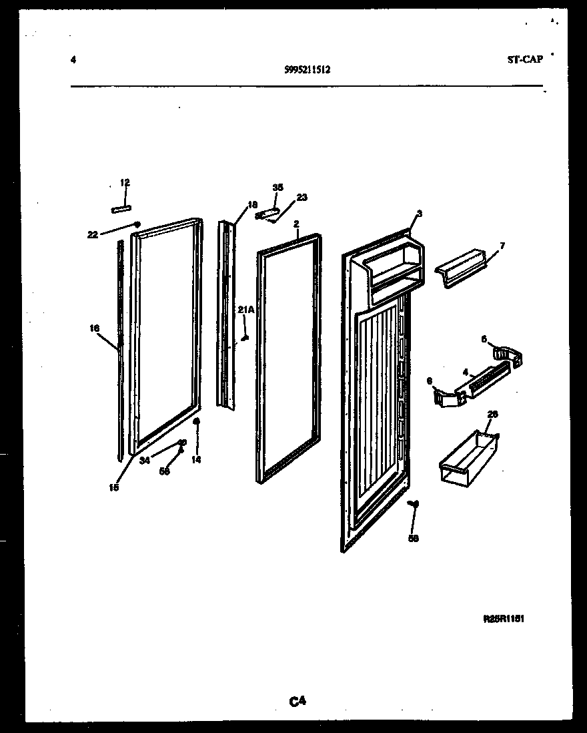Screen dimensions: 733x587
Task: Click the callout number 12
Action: tap(125, 182)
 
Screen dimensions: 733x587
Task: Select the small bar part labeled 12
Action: tap(121, 209)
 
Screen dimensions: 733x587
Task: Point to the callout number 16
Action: tap(94, 328)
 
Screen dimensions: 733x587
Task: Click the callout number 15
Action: tap(114, 487)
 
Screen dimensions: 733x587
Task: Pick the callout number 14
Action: tap(196, 459)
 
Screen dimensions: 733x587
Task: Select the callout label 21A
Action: tap(246, 309)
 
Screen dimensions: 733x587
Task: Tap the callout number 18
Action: tap(252, 206)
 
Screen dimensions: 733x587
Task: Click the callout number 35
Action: tap(277, 187)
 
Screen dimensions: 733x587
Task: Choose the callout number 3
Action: tap(419, 214)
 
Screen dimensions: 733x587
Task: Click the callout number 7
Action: tap(502, 246)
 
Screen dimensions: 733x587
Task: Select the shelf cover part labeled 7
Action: tap(460, 268)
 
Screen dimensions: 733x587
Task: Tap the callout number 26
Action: tap(492, 415)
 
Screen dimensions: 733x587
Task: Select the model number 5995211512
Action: tap(306, 68)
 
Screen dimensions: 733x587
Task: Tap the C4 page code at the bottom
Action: tap(298, 700)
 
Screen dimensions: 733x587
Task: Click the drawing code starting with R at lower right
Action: tap(504, 619)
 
